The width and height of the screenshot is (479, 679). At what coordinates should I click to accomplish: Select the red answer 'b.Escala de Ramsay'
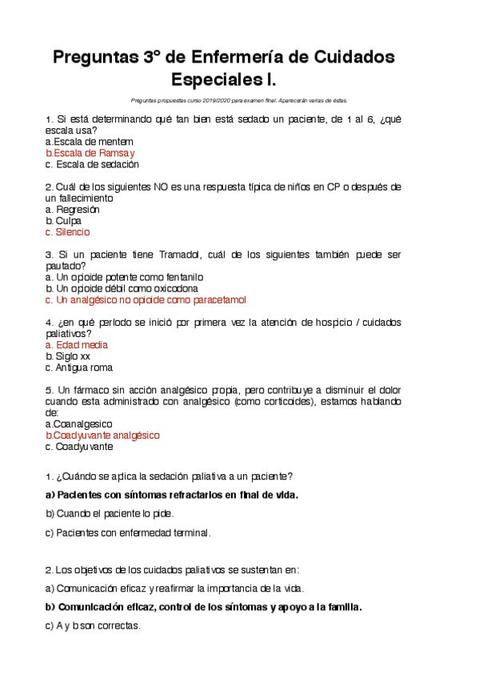[x=90, y=153]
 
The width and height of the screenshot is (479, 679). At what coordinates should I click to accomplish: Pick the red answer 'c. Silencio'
[x=68, y=232]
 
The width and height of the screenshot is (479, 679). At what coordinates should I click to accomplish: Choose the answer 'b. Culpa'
[x=63, y=221]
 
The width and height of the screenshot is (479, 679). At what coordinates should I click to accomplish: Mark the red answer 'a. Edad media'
[x=77, y=345]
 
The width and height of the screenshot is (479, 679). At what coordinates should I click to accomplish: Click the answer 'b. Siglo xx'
[x=68, y=356]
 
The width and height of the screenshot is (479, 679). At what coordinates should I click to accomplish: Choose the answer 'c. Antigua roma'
[x=79, y=368]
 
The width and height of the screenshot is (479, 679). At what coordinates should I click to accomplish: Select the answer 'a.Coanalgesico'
[x=79, y=424]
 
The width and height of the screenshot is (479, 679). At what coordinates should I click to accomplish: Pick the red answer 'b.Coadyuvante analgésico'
[x=103, y=435]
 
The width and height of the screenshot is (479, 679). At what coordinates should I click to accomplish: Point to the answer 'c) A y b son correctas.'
[x=93, y=625]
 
